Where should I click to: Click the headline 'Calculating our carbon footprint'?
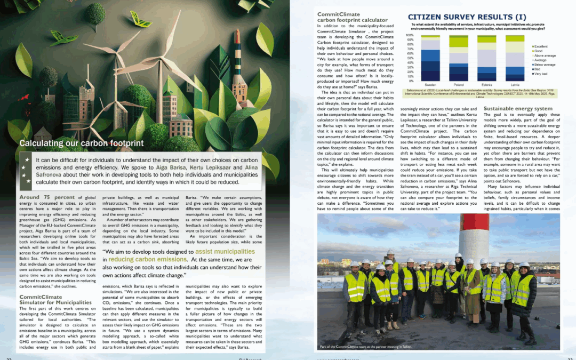[x=81, y=143]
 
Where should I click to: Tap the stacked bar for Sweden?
[x=430, y=58]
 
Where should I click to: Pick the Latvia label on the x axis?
[x=515, y=85]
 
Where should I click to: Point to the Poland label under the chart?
[x=458, y=85]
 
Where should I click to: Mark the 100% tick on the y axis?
[x=410, y=35]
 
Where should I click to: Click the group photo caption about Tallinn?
[x=366, y=347]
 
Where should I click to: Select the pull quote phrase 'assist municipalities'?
[x=225, y=251]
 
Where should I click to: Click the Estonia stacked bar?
[x=486, y=58]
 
